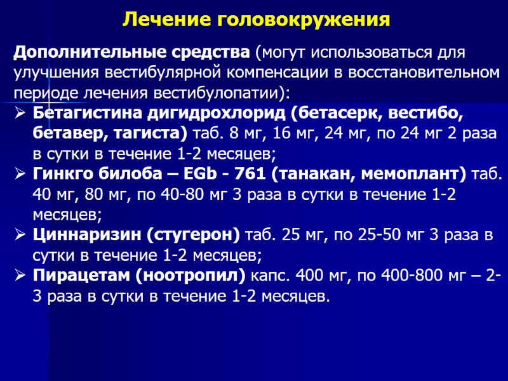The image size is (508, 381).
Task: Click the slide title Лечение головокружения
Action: point(256,20)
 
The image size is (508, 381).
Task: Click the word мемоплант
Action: point(416,174)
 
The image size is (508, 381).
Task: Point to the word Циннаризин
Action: point(80,235)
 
